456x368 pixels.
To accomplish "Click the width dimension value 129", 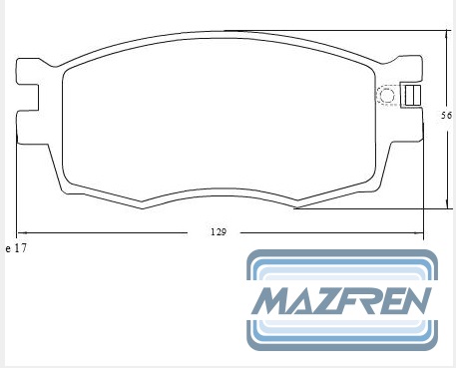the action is click(219, 232).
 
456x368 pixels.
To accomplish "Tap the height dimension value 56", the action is click(446, 116).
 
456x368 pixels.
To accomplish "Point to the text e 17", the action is click(16, 248).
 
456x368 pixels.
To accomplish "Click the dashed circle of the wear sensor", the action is click(386, 96).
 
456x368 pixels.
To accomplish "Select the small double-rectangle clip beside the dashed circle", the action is click(413, 96).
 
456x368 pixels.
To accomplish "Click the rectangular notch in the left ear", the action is click(28, 98).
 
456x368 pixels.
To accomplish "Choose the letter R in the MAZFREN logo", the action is click(376, 300).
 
